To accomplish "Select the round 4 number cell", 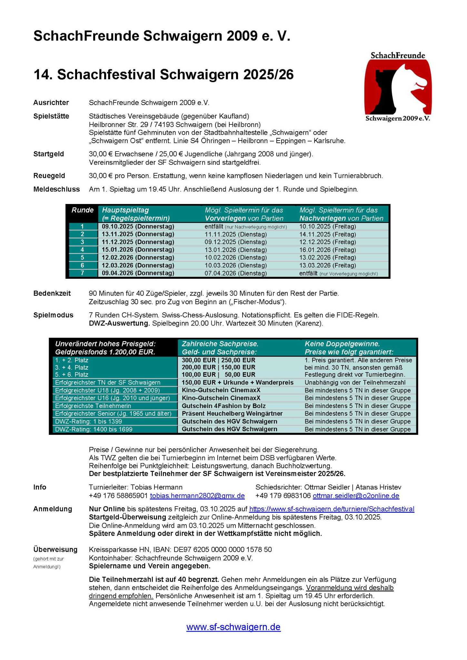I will [x=82, y=250].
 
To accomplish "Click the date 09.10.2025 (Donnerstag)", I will [x=138, y=227].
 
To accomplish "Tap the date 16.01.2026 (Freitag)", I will [x=327, y=250].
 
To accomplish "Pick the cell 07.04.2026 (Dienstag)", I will [x=235, y=273].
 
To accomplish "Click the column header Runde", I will [x=82, y=210].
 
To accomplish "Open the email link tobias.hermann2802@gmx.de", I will [x=197, y=496].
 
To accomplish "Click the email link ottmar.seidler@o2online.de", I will [x=356, y=496].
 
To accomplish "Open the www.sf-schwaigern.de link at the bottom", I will [x=233, y=627].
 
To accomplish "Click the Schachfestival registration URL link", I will [x=332, y=509].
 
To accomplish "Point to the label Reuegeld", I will [x=49, y=176].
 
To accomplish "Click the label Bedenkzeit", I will [x=52, y=294].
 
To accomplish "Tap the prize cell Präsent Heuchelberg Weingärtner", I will [x=232, y=414].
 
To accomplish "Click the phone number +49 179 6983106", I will [x=283, y=496].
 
